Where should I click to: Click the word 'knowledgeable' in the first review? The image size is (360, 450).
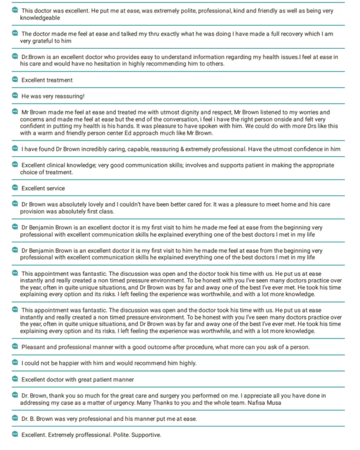41,19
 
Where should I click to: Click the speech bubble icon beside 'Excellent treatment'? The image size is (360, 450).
15,80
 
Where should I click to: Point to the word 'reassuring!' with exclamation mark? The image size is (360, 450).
67,96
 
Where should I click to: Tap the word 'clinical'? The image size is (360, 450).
67,165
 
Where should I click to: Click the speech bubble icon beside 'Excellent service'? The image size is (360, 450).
15,188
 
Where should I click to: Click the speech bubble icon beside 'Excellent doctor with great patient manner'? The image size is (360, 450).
15,379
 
